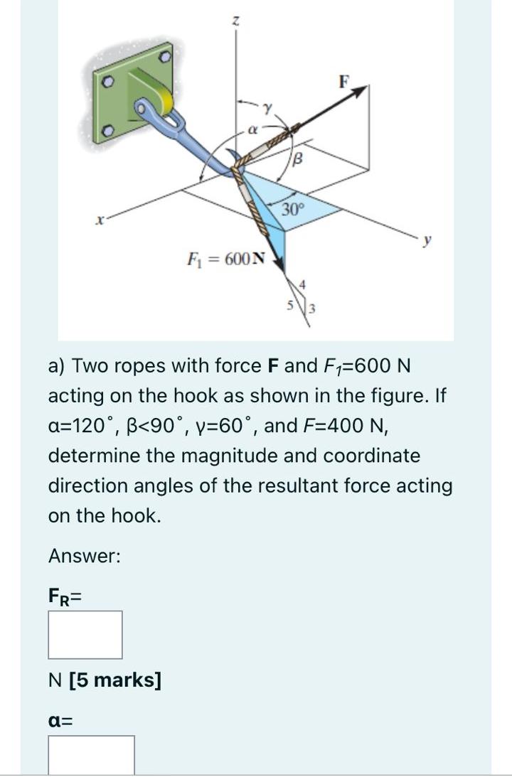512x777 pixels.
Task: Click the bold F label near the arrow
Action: [344, 81]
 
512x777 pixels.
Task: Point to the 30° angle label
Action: [293, 210]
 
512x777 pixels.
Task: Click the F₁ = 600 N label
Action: [225, 257]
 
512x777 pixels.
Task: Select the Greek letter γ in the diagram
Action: [268, 109]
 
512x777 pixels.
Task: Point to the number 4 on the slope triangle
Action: [302, 284]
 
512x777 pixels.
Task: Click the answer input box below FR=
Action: [85, 634]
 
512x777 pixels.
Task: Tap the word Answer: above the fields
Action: [84, 557]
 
